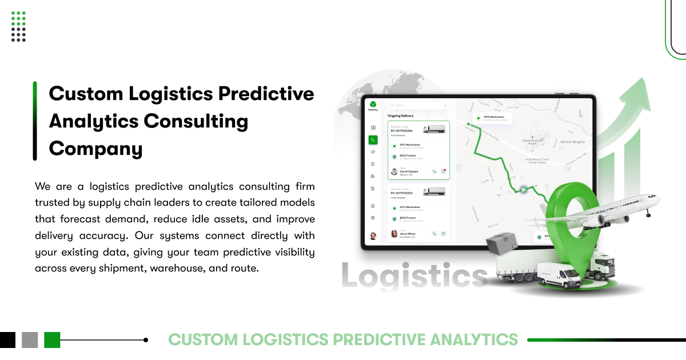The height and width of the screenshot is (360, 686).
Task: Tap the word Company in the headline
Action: coord(95,149)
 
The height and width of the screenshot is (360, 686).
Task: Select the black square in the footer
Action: coord(7,340)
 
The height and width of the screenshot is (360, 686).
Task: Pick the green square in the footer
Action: coord(52,340)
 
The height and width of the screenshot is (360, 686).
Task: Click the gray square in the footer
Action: coord(30,340)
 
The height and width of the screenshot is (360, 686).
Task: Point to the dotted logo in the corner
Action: coord(19,26)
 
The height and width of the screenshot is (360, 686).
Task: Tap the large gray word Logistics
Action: coord(414,276)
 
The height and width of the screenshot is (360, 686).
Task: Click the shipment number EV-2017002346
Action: coord(402,130)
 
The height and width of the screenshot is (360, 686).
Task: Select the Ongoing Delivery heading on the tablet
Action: coord(401,115)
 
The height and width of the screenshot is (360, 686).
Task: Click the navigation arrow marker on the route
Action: coord(523,190)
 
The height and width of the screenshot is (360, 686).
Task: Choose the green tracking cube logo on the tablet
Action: coord(373,104)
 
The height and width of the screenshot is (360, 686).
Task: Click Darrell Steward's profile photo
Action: coord(394,171)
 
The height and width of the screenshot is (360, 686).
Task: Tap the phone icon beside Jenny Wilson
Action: coord(434,234)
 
